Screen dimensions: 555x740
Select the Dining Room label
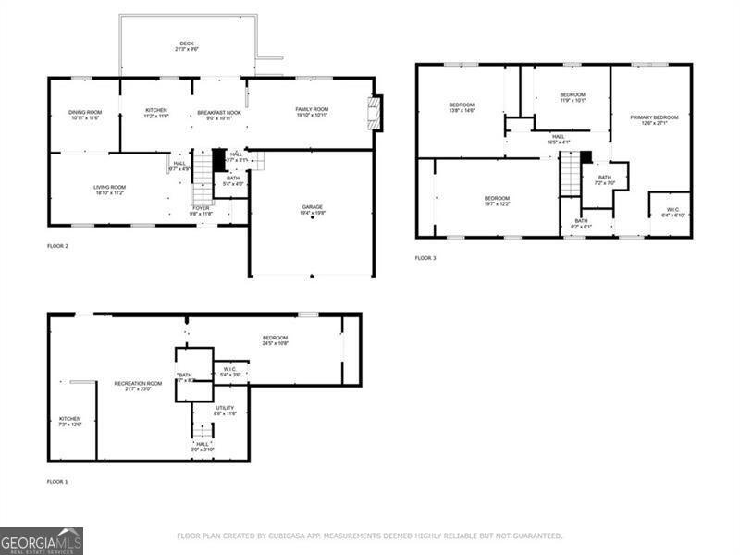(x=84, y=114)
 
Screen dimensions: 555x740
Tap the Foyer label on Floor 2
(x=201, y=211)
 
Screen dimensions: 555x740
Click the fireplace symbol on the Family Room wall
(x=375, y=113)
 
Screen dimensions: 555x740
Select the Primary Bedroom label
(x=654, y=120)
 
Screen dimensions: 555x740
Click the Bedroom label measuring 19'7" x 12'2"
(x=497, y=201)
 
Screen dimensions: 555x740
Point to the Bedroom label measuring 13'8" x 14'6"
(x=462, y=108)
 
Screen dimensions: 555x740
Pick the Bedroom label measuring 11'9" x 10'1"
(x=573, y=97)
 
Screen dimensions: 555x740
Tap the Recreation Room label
(x=138, y=386)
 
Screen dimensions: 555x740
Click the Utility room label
(x=225, y=411)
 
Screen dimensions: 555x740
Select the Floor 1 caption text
(x=57, y=482)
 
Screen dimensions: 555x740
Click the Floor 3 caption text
(x=425, y=257)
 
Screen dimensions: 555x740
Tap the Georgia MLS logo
(x=42, y=540)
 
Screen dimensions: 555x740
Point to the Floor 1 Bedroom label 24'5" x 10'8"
(x=275, y=340)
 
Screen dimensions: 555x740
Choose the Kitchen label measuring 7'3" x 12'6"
(x=70, y=421)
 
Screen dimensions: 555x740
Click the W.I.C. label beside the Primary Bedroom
(x=672, y=212)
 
